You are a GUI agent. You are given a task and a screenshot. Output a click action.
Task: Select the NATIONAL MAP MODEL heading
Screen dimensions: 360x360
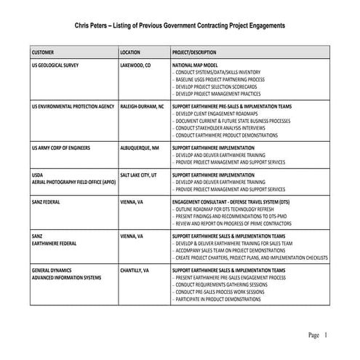coord(197,65)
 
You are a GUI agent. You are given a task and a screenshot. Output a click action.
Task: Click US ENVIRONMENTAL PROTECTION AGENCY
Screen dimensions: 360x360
coord(73,106)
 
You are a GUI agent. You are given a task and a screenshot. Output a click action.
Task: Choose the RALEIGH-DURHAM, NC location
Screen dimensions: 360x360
coord(142,106)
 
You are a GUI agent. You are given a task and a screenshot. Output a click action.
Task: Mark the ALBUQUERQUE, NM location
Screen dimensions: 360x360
coord(140,147)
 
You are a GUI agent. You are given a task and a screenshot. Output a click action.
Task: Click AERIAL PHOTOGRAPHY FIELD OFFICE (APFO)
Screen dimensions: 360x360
coord(73,182)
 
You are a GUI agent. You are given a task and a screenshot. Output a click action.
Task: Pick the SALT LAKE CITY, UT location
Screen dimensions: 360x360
coord(138,175)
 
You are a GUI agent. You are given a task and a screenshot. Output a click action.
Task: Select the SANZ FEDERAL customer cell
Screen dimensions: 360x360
coord(48,202)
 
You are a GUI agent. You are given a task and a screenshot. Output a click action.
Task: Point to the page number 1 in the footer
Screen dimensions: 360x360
coord(327,335)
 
